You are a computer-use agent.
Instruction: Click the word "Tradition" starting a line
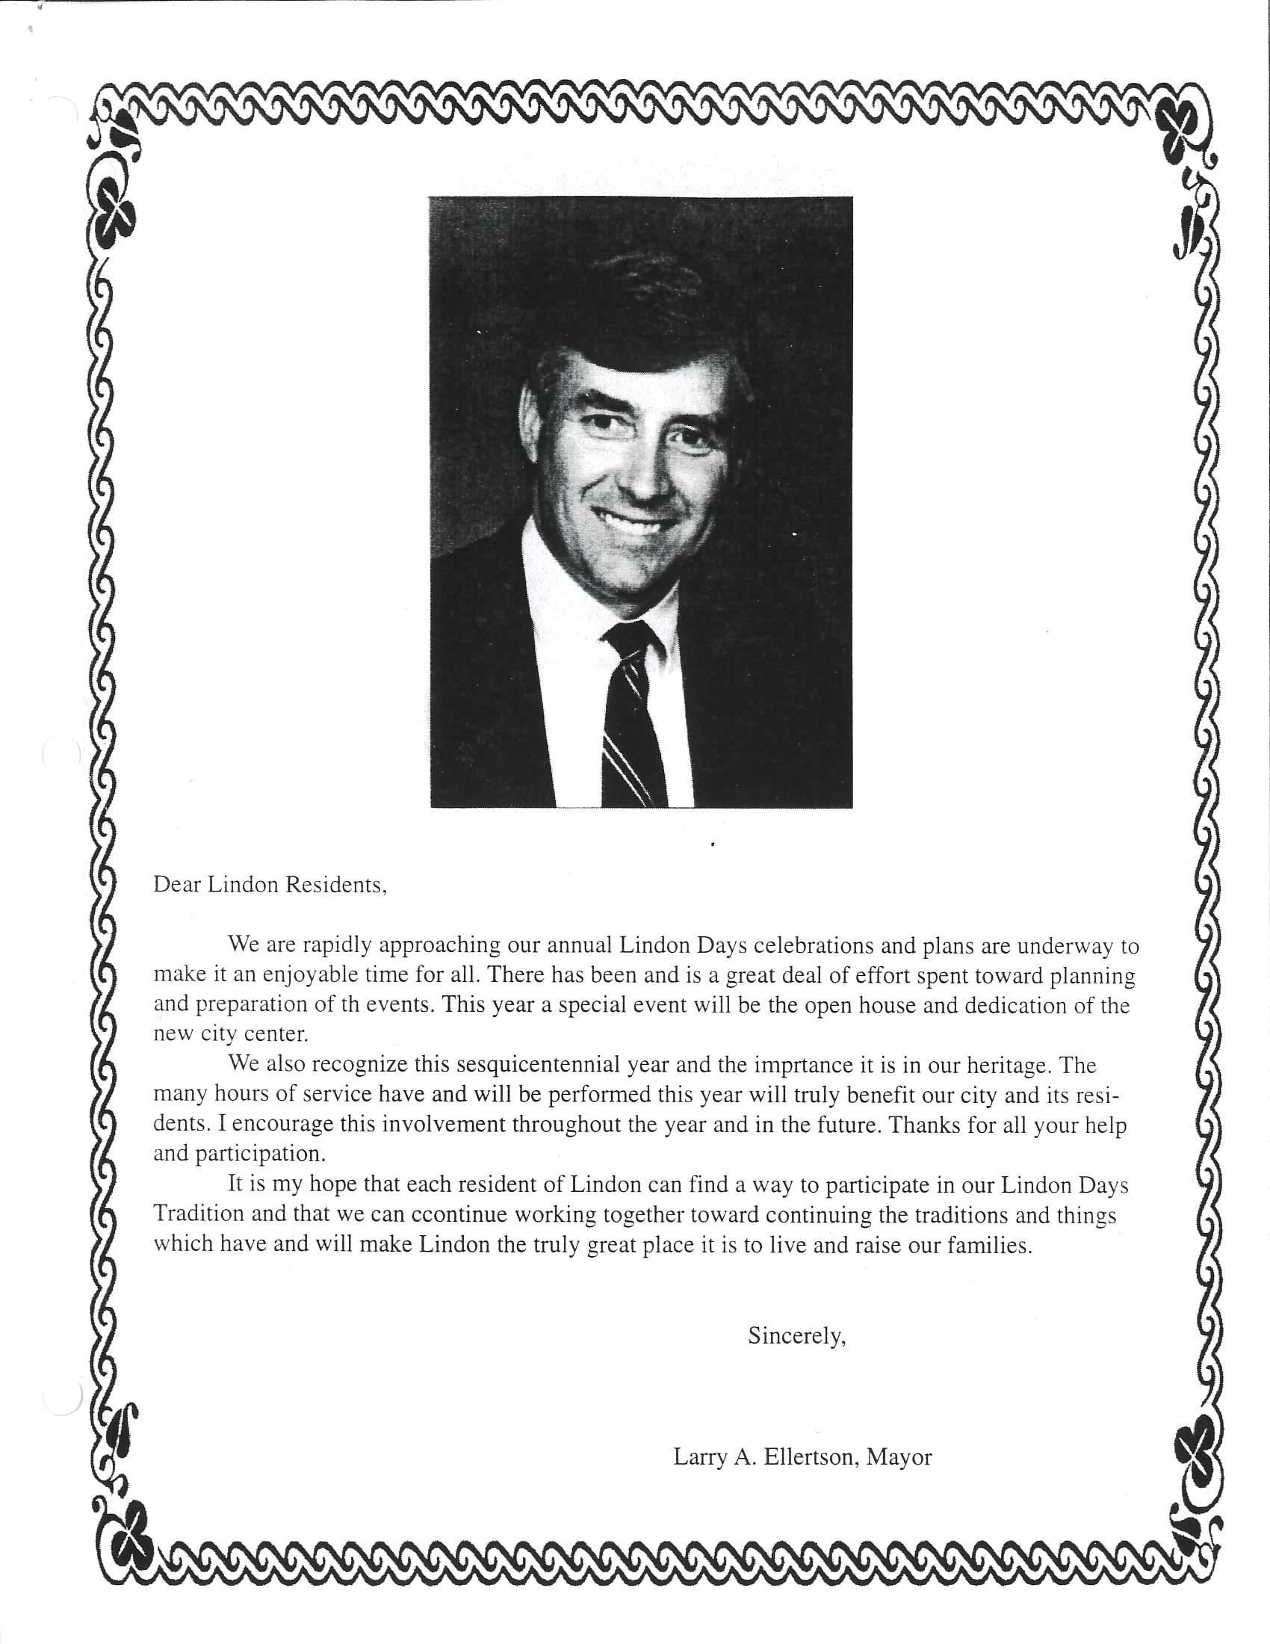[199, 1214]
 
